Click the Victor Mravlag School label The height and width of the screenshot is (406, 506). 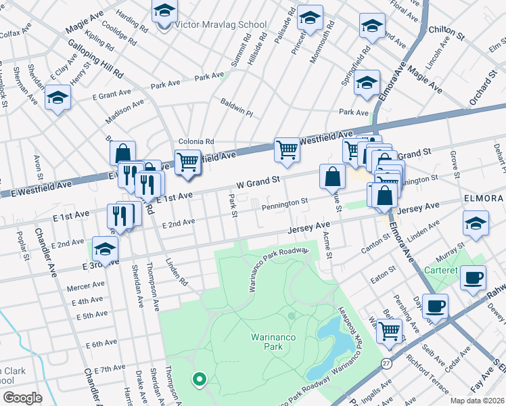coord(221,24)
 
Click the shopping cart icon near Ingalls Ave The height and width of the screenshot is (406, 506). coord(388,330)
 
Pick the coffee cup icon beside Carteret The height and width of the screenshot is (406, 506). coord(473,277)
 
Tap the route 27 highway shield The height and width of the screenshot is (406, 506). coord(386,364)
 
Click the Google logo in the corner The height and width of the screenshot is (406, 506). coord(22,397)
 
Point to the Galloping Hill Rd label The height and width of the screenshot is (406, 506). coord(95,59)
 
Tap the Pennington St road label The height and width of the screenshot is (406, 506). coord(285,202)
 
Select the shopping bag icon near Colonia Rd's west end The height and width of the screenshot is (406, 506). coord(122,154)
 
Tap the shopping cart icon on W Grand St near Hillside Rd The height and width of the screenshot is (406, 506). coord(287,150)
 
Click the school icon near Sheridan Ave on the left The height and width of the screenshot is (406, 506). coord(58,98)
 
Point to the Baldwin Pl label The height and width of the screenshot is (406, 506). coord(236,106)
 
